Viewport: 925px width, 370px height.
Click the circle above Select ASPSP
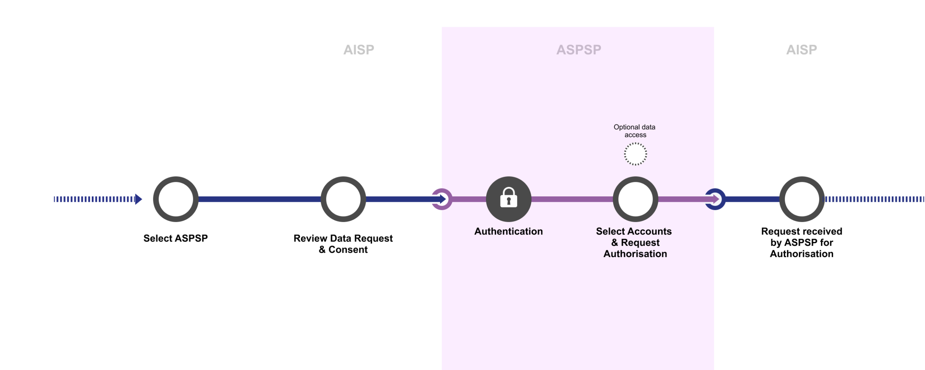point(176,199)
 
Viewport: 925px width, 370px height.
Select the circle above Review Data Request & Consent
point(343,199)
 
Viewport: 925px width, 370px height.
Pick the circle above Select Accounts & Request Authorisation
point(635,199)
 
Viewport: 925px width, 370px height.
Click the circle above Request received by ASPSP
point(801,199)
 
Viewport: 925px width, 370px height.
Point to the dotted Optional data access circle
point(635,154)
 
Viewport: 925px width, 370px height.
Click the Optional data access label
point(634,131)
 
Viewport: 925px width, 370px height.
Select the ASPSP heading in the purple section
point(578,50)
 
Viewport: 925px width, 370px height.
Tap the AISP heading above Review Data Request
point(358,50)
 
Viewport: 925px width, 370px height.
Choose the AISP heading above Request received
point(801,50)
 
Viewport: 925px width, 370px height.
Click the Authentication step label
point(508,231)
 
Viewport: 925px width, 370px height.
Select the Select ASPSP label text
point(176,238)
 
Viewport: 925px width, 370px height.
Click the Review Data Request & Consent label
point(343,244)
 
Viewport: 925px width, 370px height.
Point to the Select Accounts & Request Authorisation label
point(634,242)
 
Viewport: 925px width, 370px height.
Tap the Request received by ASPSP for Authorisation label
point(801,242)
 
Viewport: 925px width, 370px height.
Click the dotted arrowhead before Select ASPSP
point(138,199)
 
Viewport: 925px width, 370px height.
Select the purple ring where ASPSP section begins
point(442,199)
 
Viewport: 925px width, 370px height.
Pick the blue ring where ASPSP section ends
point(715,199)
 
